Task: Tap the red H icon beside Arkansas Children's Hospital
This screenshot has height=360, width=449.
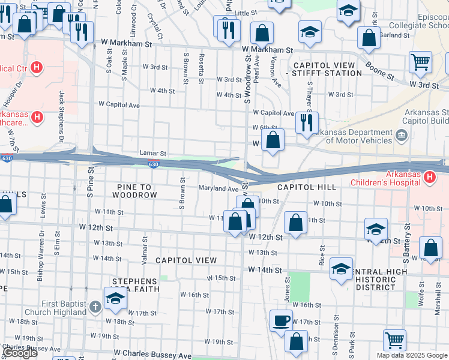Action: coord(430,177)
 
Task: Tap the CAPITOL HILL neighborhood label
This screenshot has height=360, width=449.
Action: coord(307,188)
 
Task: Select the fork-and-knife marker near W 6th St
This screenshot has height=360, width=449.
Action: coord(307,122)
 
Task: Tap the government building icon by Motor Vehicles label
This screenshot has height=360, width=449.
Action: coord(402,137)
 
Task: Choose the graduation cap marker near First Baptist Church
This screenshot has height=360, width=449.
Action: coord(115,297)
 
